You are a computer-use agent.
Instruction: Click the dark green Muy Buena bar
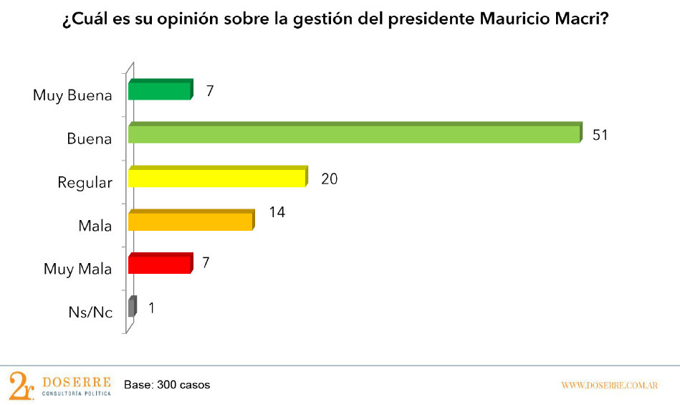click(160, 90)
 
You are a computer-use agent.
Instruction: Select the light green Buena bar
click(354, 134)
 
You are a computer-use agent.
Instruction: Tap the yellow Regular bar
click(217, 177)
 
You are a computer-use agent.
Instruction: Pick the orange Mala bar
click(191, 221)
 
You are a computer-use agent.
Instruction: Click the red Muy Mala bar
click(160, 264)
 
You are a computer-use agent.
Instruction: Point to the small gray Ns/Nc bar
click(132, 308)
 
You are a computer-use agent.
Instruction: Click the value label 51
click(600, 134)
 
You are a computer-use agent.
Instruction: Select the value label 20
click(329, 178)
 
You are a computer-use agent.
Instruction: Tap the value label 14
click(277, 214)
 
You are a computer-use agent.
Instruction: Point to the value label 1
click(152, 308)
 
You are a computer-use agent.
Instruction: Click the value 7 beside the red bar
click(206, 262)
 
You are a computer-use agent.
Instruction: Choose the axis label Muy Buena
click(72, 95)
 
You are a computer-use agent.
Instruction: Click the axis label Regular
click(85, 183)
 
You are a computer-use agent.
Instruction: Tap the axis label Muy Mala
click(77, 270)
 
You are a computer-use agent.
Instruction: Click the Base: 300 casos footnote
click(167, 385)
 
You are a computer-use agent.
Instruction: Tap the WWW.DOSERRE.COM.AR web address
click(609, 386)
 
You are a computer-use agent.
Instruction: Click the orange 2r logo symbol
click(21, 386)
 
